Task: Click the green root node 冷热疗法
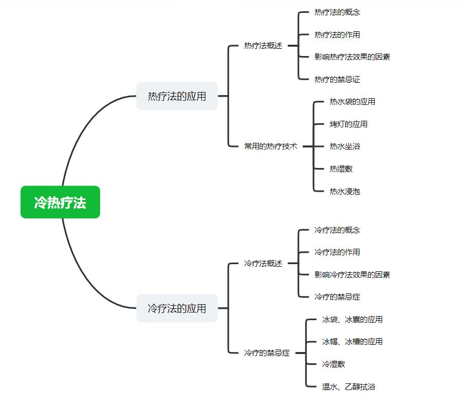[x=60, y=202]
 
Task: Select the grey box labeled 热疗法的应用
[x=177, y=96]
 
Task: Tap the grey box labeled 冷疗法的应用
[x=177, y=308]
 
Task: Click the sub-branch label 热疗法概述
[x=263, y=46]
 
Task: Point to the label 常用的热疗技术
[x=271, y=146]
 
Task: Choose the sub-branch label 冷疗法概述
[x=263, y=264]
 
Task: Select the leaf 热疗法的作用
[x=337, y=35]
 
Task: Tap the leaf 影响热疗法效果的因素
[x=352, y=57]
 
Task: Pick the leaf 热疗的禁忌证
[x=337, y=80]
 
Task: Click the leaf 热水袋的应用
[x=352, y=102]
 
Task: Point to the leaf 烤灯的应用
[x=348, y=124]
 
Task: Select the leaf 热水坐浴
[x=345, y=146]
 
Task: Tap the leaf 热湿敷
[x=341, y=169]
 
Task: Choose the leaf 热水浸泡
[x=345, y=192]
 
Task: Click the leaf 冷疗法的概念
[x=337, y=230]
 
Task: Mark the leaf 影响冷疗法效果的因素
[x=352, y=275]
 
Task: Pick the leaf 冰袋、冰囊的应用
[x=352, y=320]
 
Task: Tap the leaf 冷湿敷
[x=333, y=364]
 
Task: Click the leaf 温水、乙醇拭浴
[x=348, y=387]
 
